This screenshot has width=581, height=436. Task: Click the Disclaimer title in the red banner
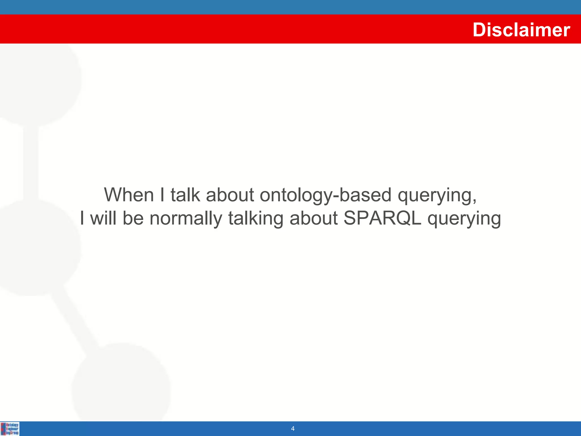(x=521, y=30)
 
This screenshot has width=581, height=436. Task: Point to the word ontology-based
(x=325, y=195)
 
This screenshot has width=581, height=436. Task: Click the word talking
(x=256, y=219)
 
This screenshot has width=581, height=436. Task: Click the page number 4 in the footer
(x=293, y=429)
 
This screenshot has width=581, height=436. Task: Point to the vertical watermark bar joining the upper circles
(x=31, y=163)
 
